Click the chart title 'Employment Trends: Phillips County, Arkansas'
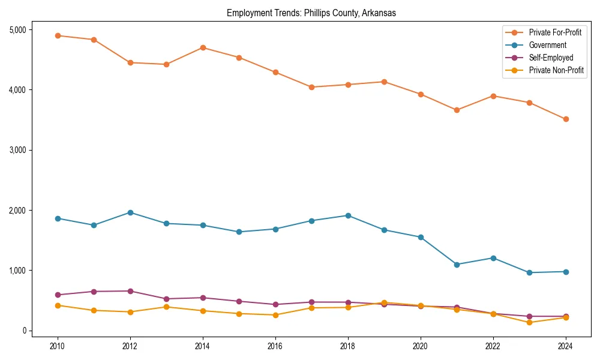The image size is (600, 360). point(311,13)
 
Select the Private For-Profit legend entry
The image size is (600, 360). point(555,32)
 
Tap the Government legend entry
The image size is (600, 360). point(547,45)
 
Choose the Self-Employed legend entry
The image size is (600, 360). point(551,58)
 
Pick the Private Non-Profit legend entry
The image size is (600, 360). point(556,70)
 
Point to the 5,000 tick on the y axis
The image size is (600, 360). point(20,30)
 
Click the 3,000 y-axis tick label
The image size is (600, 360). point(20,150)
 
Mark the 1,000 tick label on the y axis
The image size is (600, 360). point(20,271)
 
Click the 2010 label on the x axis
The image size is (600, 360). point(58,346)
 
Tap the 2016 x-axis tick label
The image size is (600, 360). point(275,346)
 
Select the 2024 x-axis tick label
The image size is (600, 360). point(565,346)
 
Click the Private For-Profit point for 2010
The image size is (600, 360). point(58,35)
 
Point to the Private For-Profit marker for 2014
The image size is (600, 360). point(203,47)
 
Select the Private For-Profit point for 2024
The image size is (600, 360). point(565,119)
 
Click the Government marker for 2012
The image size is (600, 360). point(130,212)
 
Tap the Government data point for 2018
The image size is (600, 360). point(348,215)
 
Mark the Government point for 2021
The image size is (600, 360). point(457,265)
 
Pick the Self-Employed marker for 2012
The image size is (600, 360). point(130,291)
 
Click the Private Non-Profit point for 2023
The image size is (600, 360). point(529,322)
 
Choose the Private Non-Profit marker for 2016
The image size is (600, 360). point(275,315)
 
